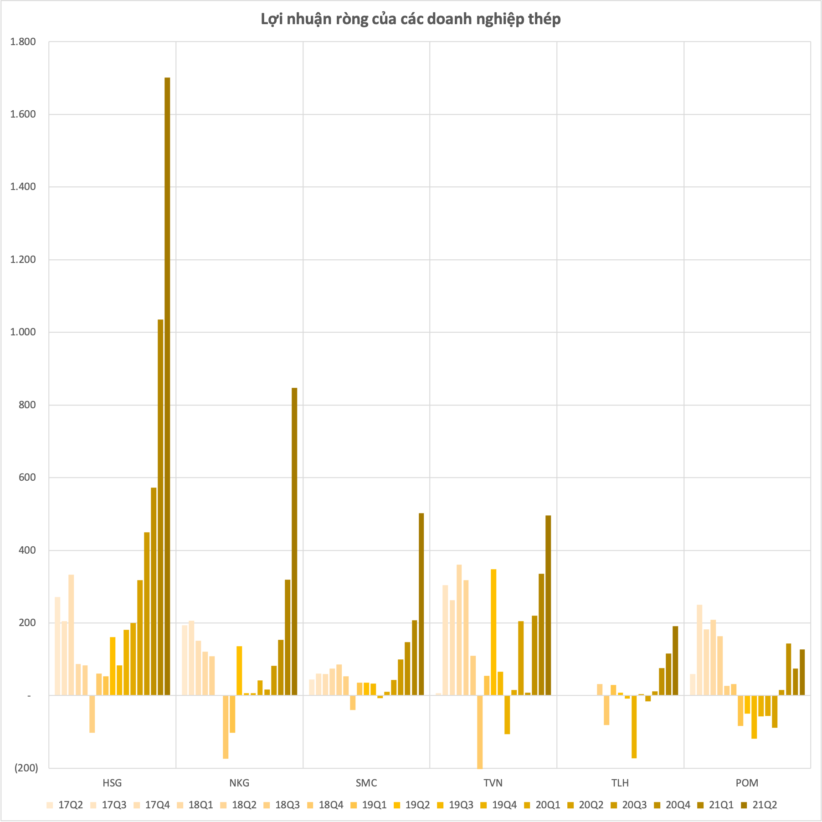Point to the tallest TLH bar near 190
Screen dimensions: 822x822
click(x=675, y=660)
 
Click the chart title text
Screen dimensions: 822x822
click(x=411, y=19)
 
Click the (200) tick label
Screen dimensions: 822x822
click(x=26, y=768)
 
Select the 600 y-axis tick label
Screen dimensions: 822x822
click(x=27, y=478)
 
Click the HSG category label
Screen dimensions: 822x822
click(x=112, y=783)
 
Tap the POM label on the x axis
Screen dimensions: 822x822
click(x=747, y=783)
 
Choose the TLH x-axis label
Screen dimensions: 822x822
click(x=620, y=783)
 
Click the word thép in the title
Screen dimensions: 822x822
click(x=545, y=19)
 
